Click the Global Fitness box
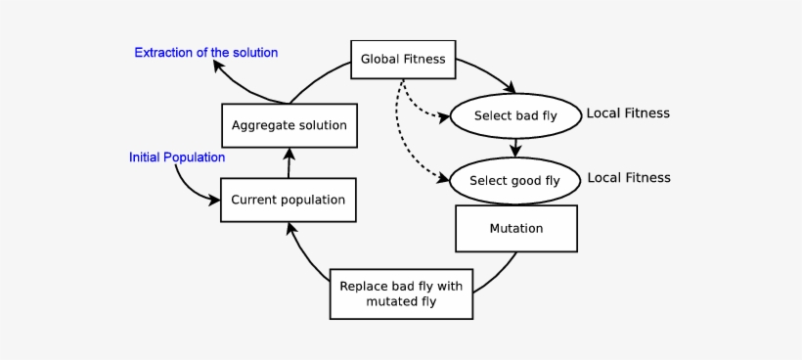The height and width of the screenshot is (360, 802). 403,59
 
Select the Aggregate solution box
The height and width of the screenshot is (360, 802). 289,125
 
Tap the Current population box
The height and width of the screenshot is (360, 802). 288,200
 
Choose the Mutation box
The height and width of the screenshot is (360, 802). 515,228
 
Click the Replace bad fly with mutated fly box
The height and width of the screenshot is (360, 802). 401,293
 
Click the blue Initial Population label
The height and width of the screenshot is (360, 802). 177,157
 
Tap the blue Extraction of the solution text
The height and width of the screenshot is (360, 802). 206,52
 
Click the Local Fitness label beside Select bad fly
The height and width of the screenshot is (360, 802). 628,113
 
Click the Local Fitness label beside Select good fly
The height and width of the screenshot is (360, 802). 628,178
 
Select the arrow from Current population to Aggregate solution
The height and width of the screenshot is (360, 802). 289,162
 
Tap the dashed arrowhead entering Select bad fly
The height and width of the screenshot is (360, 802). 442,114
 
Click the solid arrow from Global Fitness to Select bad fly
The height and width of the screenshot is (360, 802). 489,73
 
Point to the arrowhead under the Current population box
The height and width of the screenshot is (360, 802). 290,229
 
